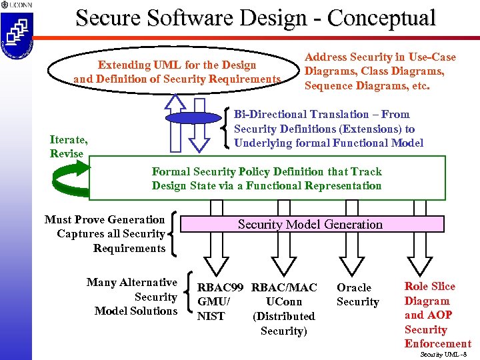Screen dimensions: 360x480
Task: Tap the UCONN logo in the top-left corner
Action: pyautogui.click(x=14, y=5)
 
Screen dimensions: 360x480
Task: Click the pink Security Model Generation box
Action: pyautogui.click(x=311, y=225)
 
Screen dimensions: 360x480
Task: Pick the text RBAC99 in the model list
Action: pyautogui.click(x=221, y=287)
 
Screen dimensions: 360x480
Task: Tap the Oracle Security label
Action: pyautogui.click(x=357, y=295)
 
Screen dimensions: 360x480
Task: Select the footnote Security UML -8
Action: pyautogui.click(x=445, y=354)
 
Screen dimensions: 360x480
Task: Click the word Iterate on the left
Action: pyautogui.click(x=68, y=139)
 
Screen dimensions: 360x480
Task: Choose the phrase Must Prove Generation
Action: pyautogui.click(x=105, y=219)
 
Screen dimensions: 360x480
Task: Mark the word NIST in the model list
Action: pyautogui.click(x=211, y=317)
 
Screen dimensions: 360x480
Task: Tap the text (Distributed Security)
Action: pyautogui.click(x=283, y=323)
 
